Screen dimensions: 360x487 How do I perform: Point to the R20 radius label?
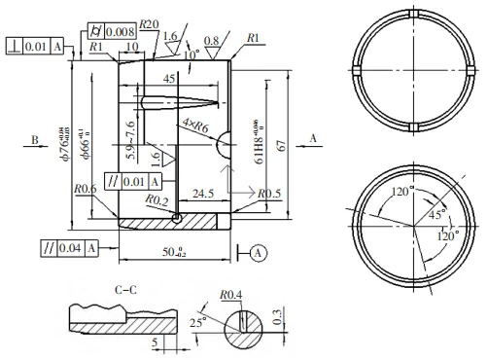click(149, 22)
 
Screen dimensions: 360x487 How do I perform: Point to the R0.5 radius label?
click(269, 195)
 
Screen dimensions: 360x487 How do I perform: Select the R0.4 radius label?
click(230, 294)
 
